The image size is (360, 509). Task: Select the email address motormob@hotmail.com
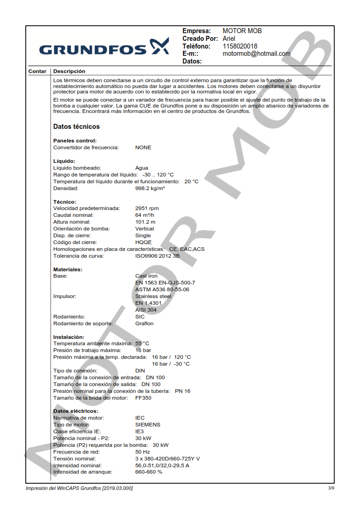coord(256,54)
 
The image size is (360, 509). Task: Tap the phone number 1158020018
coord(240,46)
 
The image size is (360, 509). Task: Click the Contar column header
coord(37,71)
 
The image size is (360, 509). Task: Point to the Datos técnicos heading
coord(76,127)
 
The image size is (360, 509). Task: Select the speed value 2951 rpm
coord(147,208)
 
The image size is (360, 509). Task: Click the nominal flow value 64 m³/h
coord(144,215)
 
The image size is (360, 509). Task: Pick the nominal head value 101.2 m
coord(145,222)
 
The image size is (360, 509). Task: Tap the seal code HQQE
coord(143,242)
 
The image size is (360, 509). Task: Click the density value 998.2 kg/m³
coord(150,188)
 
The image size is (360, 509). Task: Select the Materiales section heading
coord(68,269)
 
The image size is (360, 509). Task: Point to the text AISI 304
coord(146,310)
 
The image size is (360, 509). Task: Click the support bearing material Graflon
coord(144,323)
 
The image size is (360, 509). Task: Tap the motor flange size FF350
coord(143,398)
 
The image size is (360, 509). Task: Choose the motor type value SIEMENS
coord(148,425)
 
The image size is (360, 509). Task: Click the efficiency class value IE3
coord(139,431)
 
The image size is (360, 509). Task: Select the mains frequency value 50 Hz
coord(143,452)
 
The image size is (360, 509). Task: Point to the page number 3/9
coord(331,488)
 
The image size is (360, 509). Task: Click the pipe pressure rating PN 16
coord(182,391)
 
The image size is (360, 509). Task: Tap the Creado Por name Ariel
coord(229,39)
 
